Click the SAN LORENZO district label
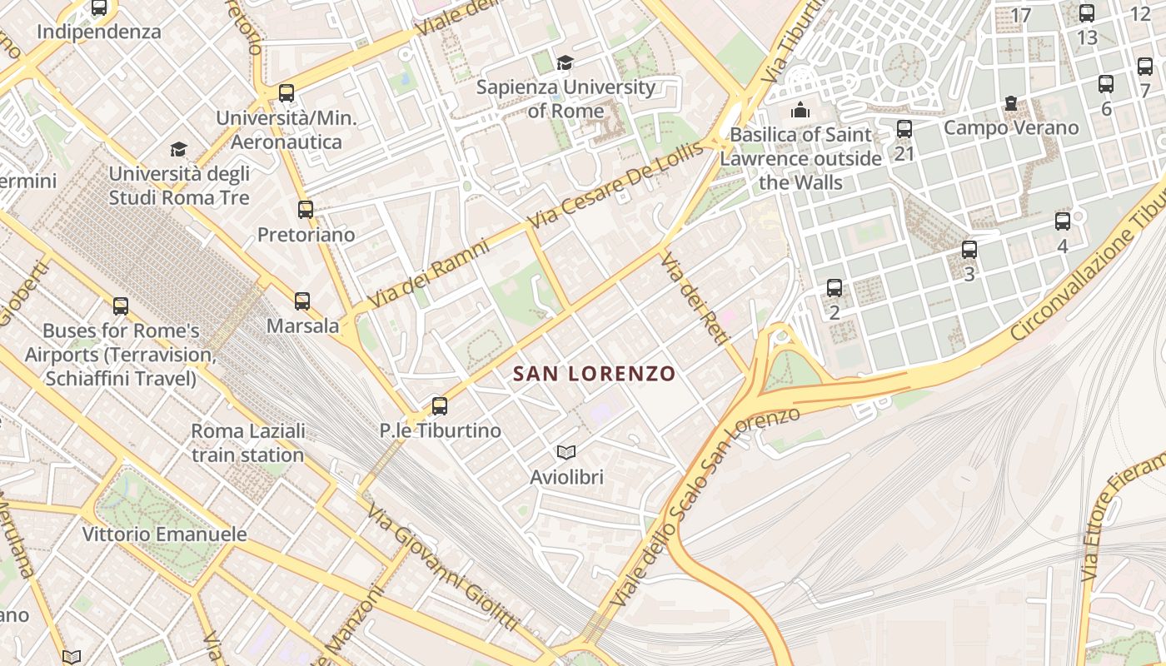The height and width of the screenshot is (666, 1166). click(x=594, y=374)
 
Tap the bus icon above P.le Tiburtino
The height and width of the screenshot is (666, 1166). click(x=440, y=406)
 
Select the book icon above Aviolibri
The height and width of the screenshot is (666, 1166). click(x=566, y=452)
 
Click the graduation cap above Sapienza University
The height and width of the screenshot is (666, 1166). click(x=566, y=62)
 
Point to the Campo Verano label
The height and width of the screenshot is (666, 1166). click(x=1011, y=128)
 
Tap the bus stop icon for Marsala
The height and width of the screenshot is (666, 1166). click(x=302, y=301)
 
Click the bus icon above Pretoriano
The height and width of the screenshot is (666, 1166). click(x=306, y=210)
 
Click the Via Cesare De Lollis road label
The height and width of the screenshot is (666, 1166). click(x=615, y=188)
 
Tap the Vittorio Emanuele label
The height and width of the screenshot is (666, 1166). click(x=164, y=534)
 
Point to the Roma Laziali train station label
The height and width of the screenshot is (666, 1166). click(x=247, y=443)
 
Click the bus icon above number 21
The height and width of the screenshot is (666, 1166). click(x=904, y=129)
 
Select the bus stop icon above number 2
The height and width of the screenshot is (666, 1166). click(x=835, y=288)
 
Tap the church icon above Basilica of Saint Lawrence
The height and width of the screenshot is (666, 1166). click(x=800, y=110)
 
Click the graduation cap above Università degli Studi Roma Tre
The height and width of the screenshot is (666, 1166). click(x=178, y=149)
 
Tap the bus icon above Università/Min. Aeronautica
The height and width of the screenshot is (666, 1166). click(x=287, y=93)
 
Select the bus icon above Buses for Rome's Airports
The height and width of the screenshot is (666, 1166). click(x=121, y=306)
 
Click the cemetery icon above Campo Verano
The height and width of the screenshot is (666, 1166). click(x=1011, y=103)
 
